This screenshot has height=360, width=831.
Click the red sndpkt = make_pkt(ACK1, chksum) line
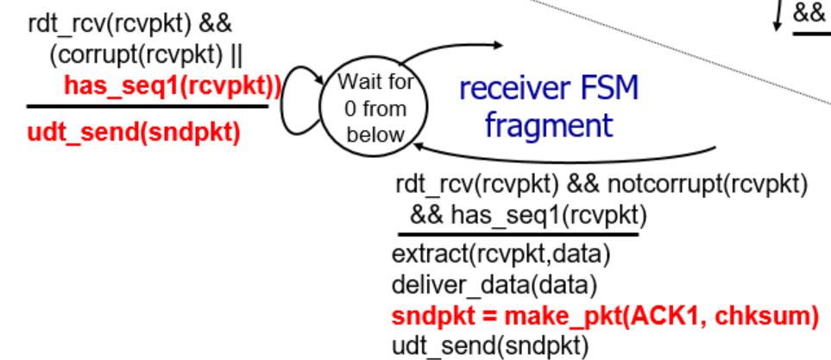tap(604, 315)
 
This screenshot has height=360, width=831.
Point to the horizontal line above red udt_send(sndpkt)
tap(147, 107)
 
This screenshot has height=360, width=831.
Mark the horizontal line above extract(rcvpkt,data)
tap(517, 233)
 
